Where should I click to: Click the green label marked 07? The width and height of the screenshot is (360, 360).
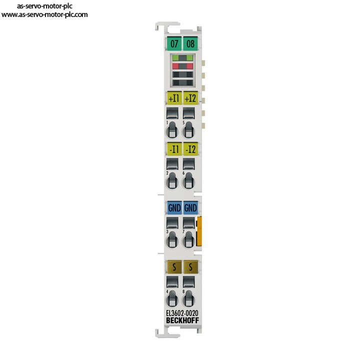[174, 43]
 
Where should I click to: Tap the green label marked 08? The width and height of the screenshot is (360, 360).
[190, 43]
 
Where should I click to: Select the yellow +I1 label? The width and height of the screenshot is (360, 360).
[174, 98]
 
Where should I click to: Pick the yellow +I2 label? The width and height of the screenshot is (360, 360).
[190, 98]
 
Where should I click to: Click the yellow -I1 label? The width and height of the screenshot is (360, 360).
[174, 149]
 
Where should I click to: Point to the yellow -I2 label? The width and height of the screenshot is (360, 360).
[190, 149]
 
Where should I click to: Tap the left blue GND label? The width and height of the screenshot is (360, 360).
[174, 208]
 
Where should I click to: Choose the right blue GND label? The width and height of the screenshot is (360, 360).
[190, 208]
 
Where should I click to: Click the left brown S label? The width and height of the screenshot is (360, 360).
[174, 267]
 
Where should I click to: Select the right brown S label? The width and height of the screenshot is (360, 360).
[190, 267]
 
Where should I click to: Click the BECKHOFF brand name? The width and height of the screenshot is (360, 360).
[182, 320]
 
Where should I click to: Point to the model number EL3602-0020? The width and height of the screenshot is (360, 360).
[182, 313]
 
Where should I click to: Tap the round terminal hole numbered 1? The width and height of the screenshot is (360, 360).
[172, 130]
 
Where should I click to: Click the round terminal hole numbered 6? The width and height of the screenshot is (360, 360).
[188, 181]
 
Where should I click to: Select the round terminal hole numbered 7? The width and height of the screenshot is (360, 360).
[188, 240]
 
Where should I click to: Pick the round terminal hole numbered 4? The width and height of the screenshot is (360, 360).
[172, 298]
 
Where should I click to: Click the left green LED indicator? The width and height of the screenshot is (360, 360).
[175, 57]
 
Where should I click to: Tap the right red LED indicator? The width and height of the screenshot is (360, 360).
[189, 66]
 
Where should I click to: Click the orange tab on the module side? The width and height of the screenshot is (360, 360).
[199, 231]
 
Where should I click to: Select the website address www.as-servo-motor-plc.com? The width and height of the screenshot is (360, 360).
[44, 14]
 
